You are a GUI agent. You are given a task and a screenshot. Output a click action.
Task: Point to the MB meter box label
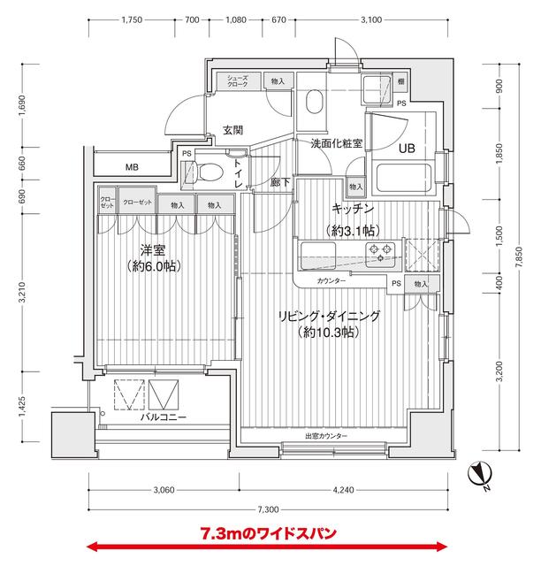coord(132,167)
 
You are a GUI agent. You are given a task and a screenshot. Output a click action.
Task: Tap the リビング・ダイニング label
coord(328,316)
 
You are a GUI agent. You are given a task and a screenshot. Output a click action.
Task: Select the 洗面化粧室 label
coord(336,143)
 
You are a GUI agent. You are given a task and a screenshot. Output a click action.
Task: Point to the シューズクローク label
coord(238,81)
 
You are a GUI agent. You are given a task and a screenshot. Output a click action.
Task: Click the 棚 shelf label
coord(400,81)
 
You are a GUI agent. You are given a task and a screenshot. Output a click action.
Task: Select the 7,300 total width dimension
coord(268,509)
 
